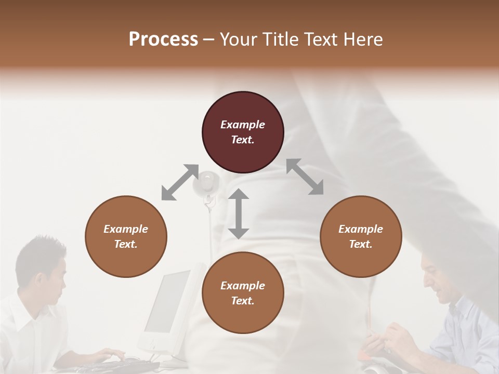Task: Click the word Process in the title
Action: pyautogui.click(x=163, y=39)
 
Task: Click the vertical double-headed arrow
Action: pyautogui.click(x=239, y=213)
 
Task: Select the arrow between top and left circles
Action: pyautogui.click(x=180, y=182)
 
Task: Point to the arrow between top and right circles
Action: pyautogui.click(x=305, y=177)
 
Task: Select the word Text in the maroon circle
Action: pyautogui.click(x=242, y=140)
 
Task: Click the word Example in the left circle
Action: pyautogui.click(x=126, y=229)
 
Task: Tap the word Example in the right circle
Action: pyautogui.click(x=361, y=229)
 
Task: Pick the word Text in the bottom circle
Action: pyautogui.click(x=242, y=301)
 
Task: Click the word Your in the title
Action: pyautogui.click(x=238, y=39)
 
